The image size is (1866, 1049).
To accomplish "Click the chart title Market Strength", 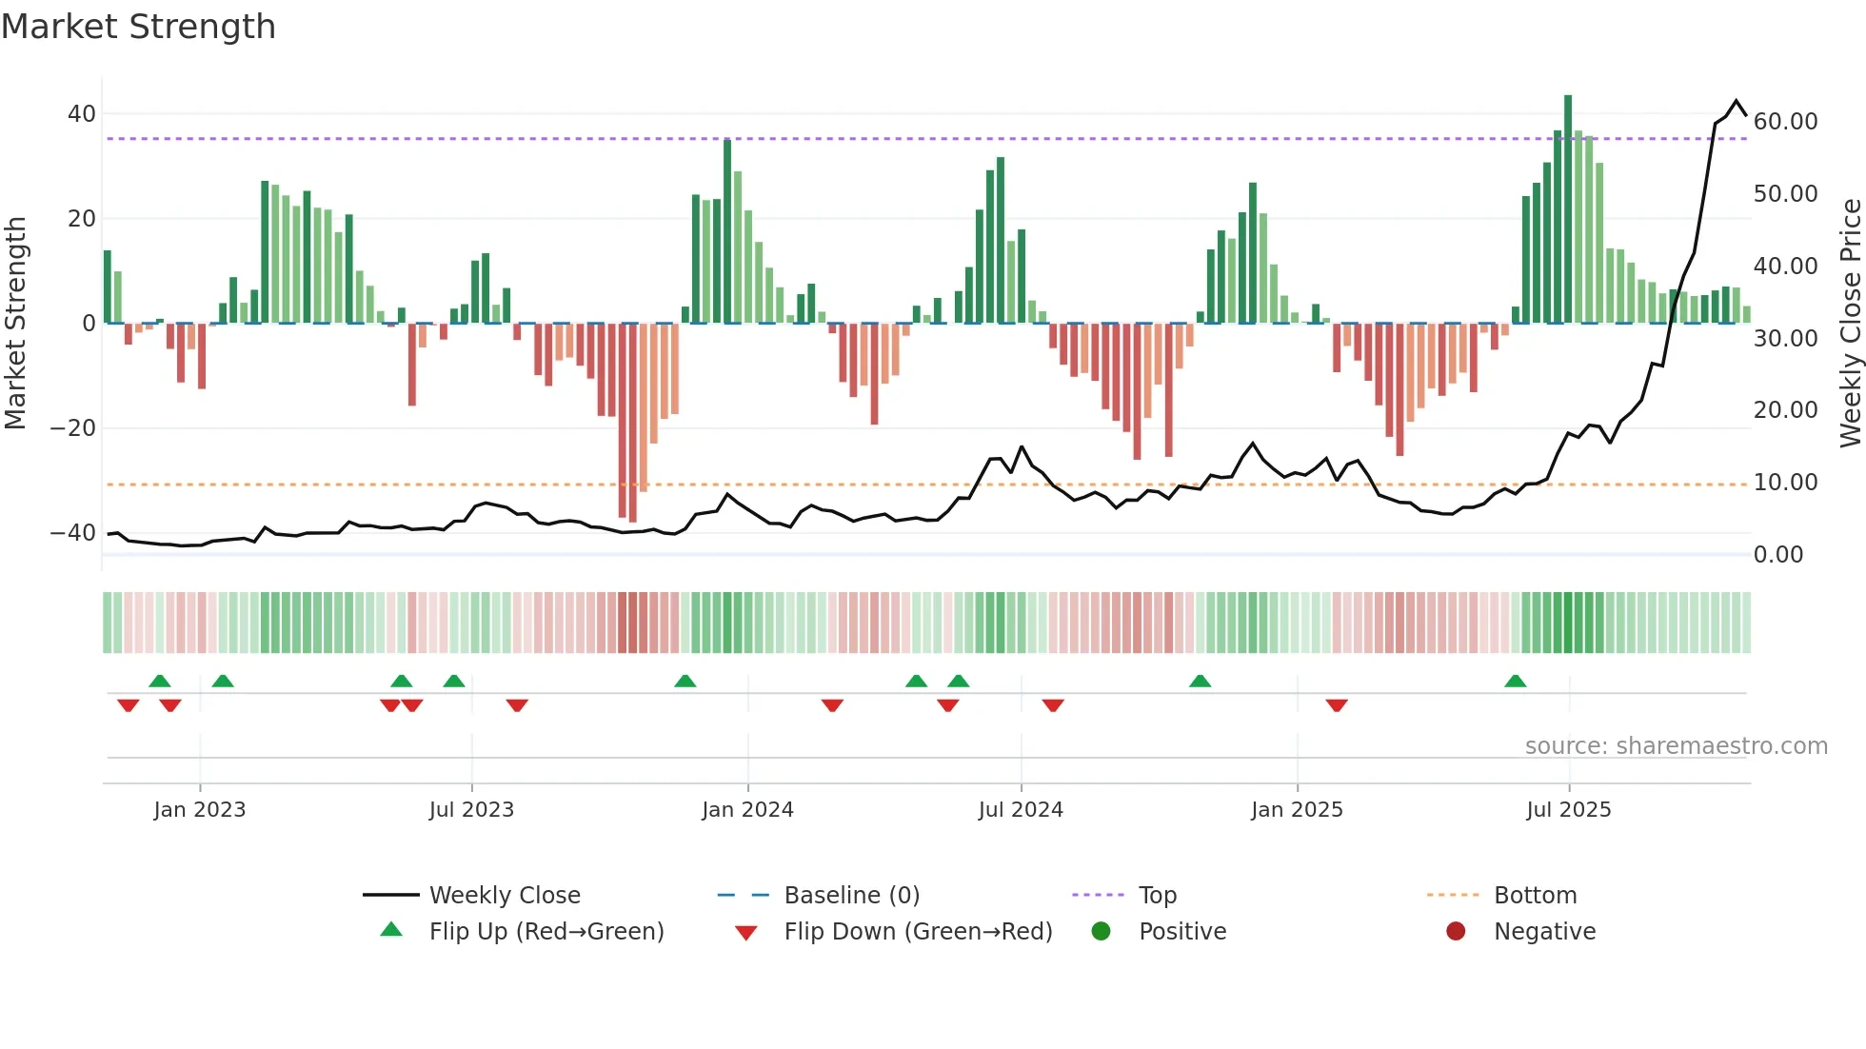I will tap(138, 27).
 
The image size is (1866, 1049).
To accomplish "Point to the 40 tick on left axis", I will tap(82, 114).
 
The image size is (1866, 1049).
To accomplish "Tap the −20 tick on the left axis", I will tap(73, 428).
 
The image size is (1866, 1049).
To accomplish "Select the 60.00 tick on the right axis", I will tap(1786, 122).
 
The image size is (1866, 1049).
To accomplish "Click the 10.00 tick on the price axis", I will tap(1786, 483).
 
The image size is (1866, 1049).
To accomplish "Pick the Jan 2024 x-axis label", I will tap(747, 810).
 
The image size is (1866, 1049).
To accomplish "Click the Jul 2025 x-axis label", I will tap(1568, 810).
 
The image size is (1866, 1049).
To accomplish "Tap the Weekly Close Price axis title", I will tap(1850, 324).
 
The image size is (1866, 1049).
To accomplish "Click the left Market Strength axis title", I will tap(16, 324).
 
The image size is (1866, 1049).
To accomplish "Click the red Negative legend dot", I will tap(1456, 932).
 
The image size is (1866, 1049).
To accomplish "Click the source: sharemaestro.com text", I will tap(1676, 746).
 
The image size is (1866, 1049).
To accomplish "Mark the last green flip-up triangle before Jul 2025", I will tap(1515, 682).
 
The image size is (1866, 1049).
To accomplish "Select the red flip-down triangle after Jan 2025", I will tap(1337, 705).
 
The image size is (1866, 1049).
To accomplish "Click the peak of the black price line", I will tap(1737, 101).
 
